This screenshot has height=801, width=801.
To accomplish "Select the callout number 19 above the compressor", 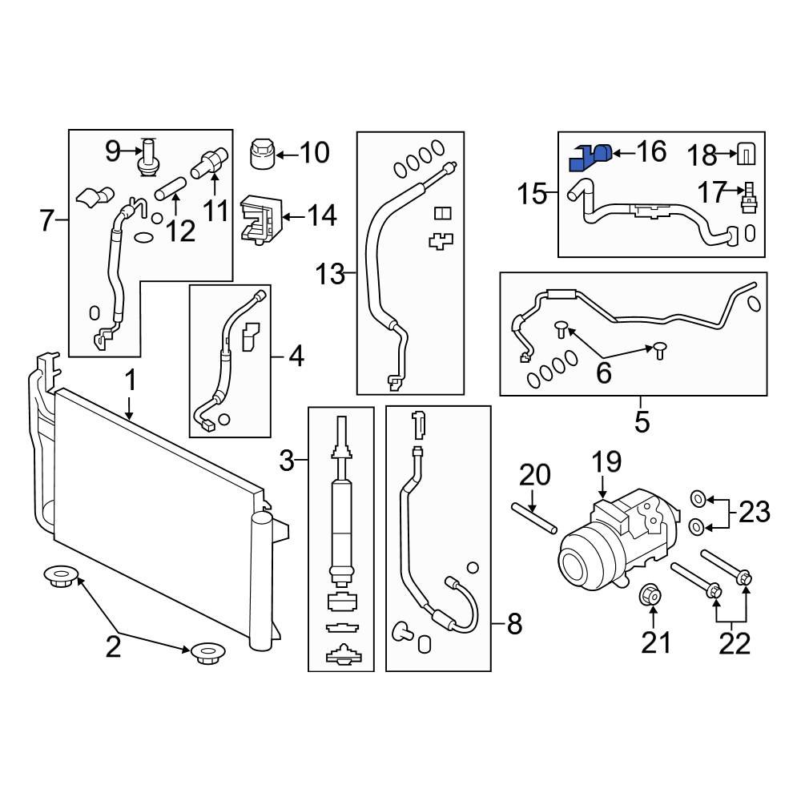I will pos(606,463).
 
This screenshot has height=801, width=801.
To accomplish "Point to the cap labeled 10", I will pos(263,153).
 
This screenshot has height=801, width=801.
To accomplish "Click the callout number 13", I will pos(330,276).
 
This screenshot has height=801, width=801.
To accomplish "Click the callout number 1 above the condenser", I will pos(130,381).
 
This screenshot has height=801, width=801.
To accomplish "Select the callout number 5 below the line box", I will pos(642,421).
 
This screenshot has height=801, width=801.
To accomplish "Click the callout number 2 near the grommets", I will pos(113,646).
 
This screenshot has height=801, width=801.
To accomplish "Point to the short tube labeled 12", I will pos(170,191).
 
